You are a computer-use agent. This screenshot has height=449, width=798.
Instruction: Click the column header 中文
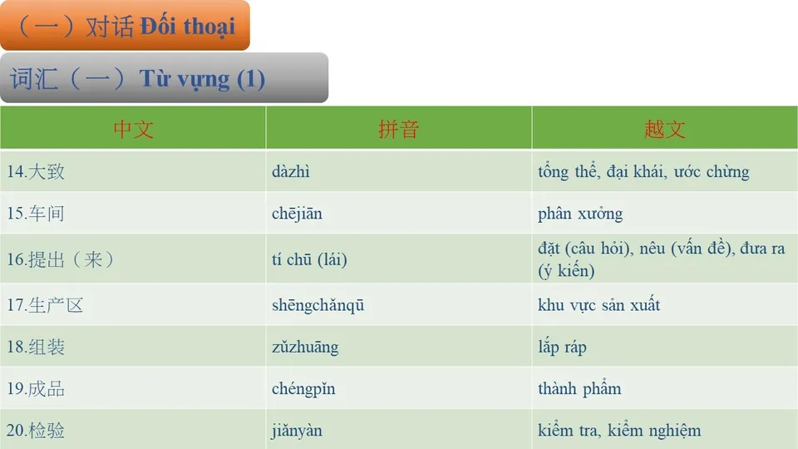click(133, 129)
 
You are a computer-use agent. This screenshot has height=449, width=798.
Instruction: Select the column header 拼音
click(398, 129)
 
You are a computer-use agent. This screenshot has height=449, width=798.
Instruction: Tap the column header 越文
click(664, 129)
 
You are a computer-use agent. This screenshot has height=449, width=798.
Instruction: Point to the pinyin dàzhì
click(291, 172)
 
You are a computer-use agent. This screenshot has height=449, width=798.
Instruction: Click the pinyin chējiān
click(297, 214)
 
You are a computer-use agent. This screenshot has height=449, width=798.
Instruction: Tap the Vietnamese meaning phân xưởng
click(580, 214)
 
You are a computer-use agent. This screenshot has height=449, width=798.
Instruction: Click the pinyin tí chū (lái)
click(309, 259)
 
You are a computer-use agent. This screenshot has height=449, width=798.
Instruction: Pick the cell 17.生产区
click(45, 305)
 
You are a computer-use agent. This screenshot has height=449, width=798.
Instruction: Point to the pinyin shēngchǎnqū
click(318, 305)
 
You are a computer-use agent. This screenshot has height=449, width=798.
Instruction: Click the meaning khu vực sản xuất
click(598, 305)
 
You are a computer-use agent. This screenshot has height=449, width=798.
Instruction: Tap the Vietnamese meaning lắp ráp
click(562, 347)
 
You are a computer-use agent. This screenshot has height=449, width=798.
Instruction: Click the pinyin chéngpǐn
click(303, 388)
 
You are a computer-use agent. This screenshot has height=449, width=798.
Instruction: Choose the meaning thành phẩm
click(579, 388)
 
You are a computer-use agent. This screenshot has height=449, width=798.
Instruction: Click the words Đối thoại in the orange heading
click(188, 26)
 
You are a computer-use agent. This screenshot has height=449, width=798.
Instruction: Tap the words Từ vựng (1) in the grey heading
click(202, 79)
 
